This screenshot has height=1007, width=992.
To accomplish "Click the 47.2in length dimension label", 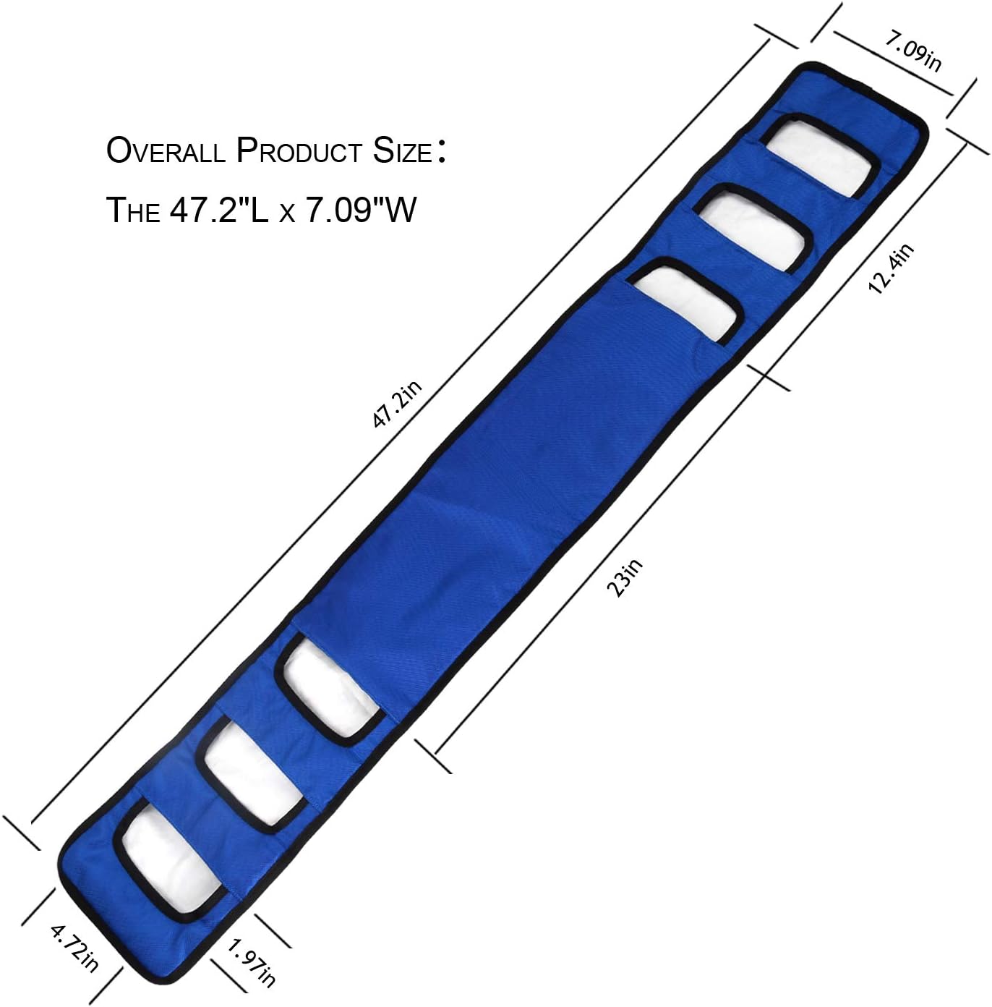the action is click(x=396, y=404).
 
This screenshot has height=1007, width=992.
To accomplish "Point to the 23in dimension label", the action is click(x=624, y=577).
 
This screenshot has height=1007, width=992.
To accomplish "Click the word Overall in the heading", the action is click(x=166, y=150).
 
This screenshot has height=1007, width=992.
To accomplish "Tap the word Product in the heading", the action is click(x=299, y=150).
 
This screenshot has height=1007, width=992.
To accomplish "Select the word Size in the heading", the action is click(x=402, y=150).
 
